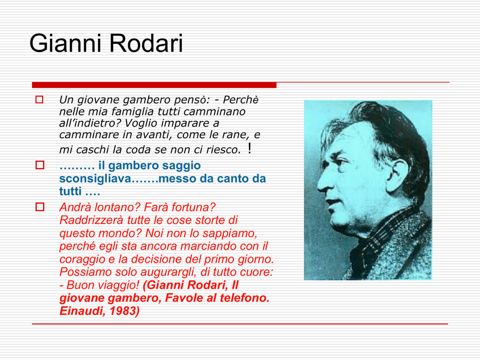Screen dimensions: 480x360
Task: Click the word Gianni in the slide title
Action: point(65,43)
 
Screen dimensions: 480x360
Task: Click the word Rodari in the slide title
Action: point(146,43)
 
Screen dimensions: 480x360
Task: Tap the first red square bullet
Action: point(39,99)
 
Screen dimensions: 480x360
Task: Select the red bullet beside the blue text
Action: point(40,165)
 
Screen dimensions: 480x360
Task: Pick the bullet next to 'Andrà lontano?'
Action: point(40,207)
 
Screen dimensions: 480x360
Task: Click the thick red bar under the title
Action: point(154,85)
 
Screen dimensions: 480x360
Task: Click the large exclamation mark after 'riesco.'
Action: point(250,148)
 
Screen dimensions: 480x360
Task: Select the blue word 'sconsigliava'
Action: point(95,179)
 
